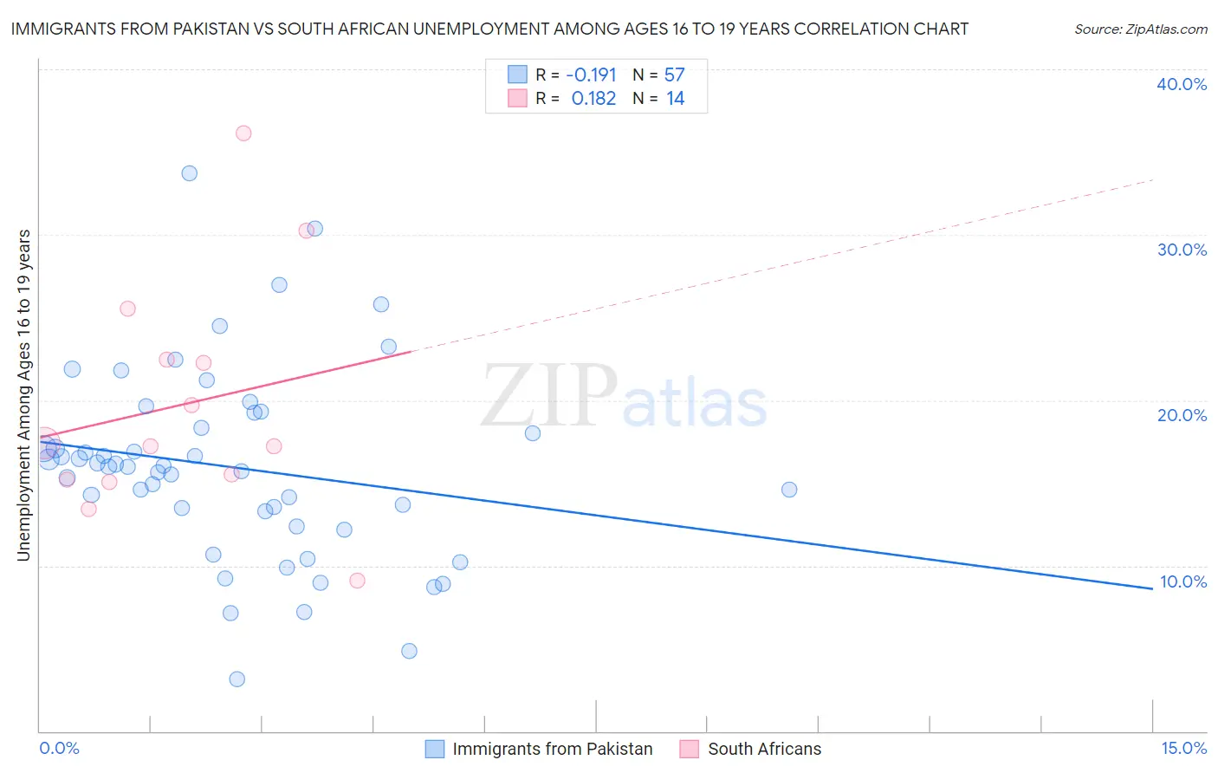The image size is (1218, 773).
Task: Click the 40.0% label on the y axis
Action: [x=1182, y=84]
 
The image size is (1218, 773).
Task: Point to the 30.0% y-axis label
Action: [x=1182, y=250]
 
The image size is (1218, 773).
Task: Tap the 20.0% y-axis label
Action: [x=1182, y=415]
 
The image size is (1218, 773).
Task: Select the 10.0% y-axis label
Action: [x=1183, y=581]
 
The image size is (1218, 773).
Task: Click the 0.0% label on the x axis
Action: [x=59, y=748]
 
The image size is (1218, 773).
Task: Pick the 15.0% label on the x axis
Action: [x=1183, y=748]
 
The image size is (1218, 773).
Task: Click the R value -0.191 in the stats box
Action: [x=591, y=75]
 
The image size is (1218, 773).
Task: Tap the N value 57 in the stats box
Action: [x=675, y=75]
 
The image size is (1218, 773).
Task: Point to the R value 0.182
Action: [x=593, y=99]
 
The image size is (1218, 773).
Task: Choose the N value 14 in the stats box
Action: [x=676, y=99]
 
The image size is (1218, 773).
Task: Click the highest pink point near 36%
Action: [x=243, y=133]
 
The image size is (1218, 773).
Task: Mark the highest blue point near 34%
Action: [x=189, y=173]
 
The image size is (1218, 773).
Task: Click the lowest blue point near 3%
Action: [x=236, y=679]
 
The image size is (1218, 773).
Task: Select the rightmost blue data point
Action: [x=789, y=490]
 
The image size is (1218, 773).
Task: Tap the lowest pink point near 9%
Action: [x=357, y=581]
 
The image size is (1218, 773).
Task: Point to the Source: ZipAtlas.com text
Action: [x=1140, y=29]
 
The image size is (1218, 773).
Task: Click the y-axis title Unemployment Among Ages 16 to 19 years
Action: [x=24, y=395]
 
